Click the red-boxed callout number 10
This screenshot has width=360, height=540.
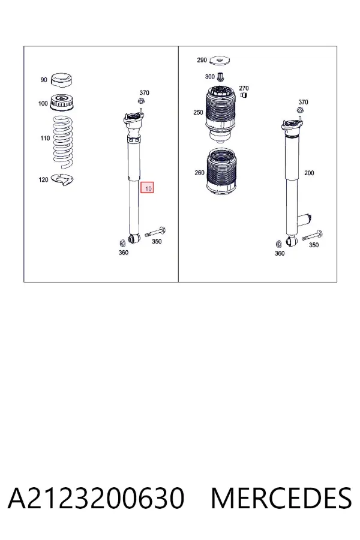[x=147, y=188]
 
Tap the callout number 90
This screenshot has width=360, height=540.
[x=44, y=80]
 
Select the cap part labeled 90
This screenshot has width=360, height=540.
[x=61, y=80]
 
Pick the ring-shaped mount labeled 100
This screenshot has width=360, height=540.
[x=62, y=103]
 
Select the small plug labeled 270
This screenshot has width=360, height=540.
[x=244, y=95]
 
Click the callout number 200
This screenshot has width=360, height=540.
[x=309, y=173]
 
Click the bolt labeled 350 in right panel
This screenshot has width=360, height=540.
[x=312, y=236]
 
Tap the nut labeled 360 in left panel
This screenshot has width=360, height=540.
[x=121, y=243]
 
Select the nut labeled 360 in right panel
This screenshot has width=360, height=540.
[x=278, y=244]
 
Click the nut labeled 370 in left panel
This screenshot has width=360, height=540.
[x=141, y=101]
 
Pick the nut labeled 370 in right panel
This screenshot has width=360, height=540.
[x=300, y=110]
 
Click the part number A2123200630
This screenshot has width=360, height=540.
[x=96, y=498]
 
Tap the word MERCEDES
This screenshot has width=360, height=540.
[x=281, y=498]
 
